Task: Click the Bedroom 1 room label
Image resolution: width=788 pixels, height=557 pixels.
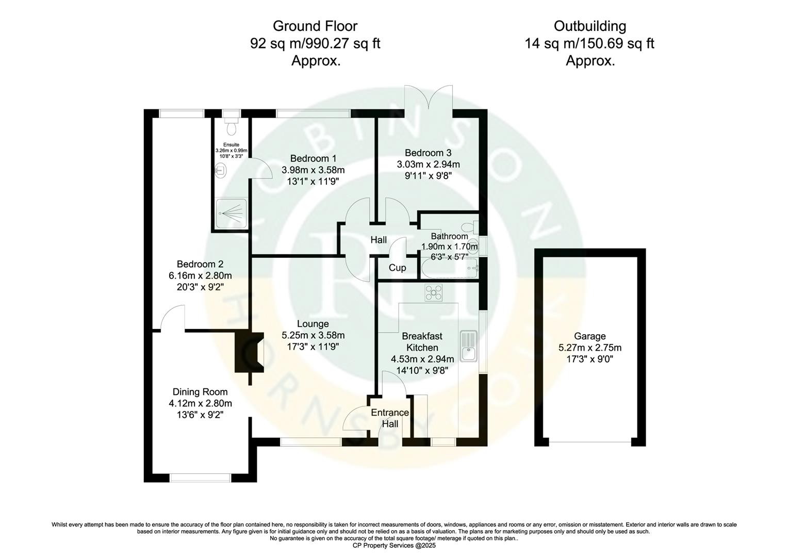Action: click(313, 158)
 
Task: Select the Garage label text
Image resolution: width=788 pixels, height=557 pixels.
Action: click(590, 336)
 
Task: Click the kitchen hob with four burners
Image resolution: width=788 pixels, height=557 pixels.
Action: click(434, 293)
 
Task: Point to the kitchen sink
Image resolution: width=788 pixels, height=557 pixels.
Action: click(470, 346)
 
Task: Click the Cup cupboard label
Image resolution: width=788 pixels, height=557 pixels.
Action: click(397, 268)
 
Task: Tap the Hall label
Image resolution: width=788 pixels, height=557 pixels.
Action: click(379, 240)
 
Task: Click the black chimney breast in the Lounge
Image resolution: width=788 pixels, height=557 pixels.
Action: click(248, 352)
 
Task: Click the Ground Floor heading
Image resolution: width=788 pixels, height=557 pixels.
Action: click(315, 26)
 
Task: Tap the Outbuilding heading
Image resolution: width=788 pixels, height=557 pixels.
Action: click(589, 26)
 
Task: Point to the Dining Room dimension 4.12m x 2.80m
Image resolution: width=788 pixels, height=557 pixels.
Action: click(200, 403)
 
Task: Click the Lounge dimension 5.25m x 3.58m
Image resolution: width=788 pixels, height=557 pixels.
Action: click(313, 335)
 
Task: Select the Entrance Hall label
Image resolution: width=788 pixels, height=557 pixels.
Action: click(390, 418)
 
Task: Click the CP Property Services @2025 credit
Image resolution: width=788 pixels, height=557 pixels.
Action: click(394, 545)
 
